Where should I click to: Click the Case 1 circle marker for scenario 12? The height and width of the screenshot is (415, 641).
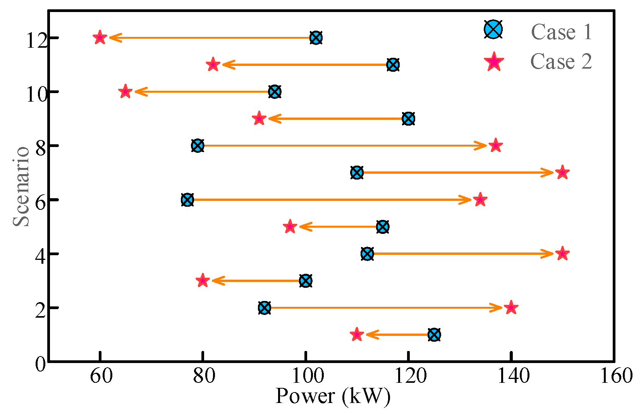coord(316,38)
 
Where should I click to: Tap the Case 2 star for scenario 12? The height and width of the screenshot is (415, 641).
coord(100,38)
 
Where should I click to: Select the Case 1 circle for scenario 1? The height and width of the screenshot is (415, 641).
coord(434,335)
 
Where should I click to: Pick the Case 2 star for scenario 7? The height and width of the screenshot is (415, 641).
coord(562,173)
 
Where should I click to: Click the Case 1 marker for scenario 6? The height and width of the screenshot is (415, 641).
coord(187,200)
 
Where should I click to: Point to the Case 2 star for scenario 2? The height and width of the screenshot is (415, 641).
coord(511,308)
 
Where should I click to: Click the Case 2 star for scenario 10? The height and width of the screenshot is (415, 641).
coord(125,92)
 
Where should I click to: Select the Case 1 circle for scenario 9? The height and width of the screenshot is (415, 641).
coord(408,119)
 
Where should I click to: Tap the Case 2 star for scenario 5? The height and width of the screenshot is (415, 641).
coord(290,227)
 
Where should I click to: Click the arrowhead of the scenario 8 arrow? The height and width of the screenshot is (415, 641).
coord(483,146)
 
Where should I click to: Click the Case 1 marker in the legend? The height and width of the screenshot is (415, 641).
coord(493,29)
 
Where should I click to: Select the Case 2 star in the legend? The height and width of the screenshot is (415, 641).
coord(494,62)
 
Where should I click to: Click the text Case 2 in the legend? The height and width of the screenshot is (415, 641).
coord(561,62)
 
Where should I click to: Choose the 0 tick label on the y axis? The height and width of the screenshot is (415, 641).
coord(40,364)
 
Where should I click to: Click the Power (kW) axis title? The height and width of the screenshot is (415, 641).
coord(333,396)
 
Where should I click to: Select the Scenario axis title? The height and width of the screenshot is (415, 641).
coord(21,186)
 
